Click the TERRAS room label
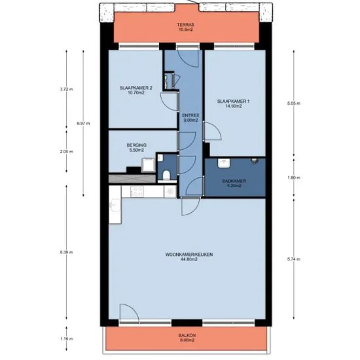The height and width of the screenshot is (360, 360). click(x=185, y=25)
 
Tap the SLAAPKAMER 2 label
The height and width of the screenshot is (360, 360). click(x=136, y=88)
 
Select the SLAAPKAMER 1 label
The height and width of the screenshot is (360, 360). click(x=233, y=101)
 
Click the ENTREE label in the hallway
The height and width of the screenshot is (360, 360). click(x=190, y=115)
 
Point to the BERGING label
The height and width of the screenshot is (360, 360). click(x=137, y=145)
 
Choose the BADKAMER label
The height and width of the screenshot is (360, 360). click(x=234, y=181)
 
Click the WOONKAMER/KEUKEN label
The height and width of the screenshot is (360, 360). click(x=189, y=255)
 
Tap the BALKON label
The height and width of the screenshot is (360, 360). click(x=187, y=335)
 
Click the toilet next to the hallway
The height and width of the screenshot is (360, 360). click(x=166, y=175)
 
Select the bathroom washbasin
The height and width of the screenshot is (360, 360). click(x=224, y=163)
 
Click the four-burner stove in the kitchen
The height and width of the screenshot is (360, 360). click(x=137, y=192)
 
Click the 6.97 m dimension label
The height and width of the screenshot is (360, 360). click(x=83, y=123)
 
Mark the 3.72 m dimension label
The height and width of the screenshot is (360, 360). click(x=66, y=89)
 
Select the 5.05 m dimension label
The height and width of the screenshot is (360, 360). click(x=294, y=103)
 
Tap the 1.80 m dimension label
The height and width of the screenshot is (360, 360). click(x=294, y=177)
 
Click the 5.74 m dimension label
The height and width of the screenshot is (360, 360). click(x=294, y=259)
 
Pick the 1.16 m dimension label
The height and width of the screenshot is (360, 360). click(x=66, y=338)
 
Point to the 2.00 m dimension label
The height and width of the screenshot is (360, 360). click(x=66, y=152)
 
